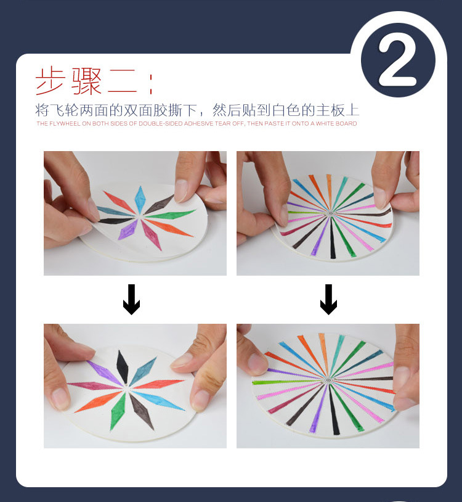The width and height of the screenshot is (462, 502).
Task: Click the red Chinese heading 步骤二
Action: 86,81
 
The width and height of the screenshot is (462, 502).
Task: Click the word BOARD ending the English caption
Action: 346,123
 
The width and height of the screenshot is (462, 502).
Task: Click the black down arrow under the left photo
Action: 131,299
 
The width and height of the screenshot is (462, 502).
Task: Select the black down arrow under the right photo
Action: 328,299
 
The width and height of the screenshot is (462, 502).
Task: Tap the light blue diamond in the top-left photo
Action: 140,200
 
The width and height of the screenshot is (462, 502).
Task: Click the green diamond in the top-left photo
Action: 171,214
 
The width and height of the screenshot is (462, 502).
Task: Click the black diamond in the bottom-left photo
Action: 122,366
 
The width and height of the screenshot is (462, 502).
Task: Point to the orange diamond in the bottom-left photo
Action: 99,401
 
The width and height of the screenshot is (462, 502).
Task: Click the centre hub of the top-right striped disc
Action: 331,213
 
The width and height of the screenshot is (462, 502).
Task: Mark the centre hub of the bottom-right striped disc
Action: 328,381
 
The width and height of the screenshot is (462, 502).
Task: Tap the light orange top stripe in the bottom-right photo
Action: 324,354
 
